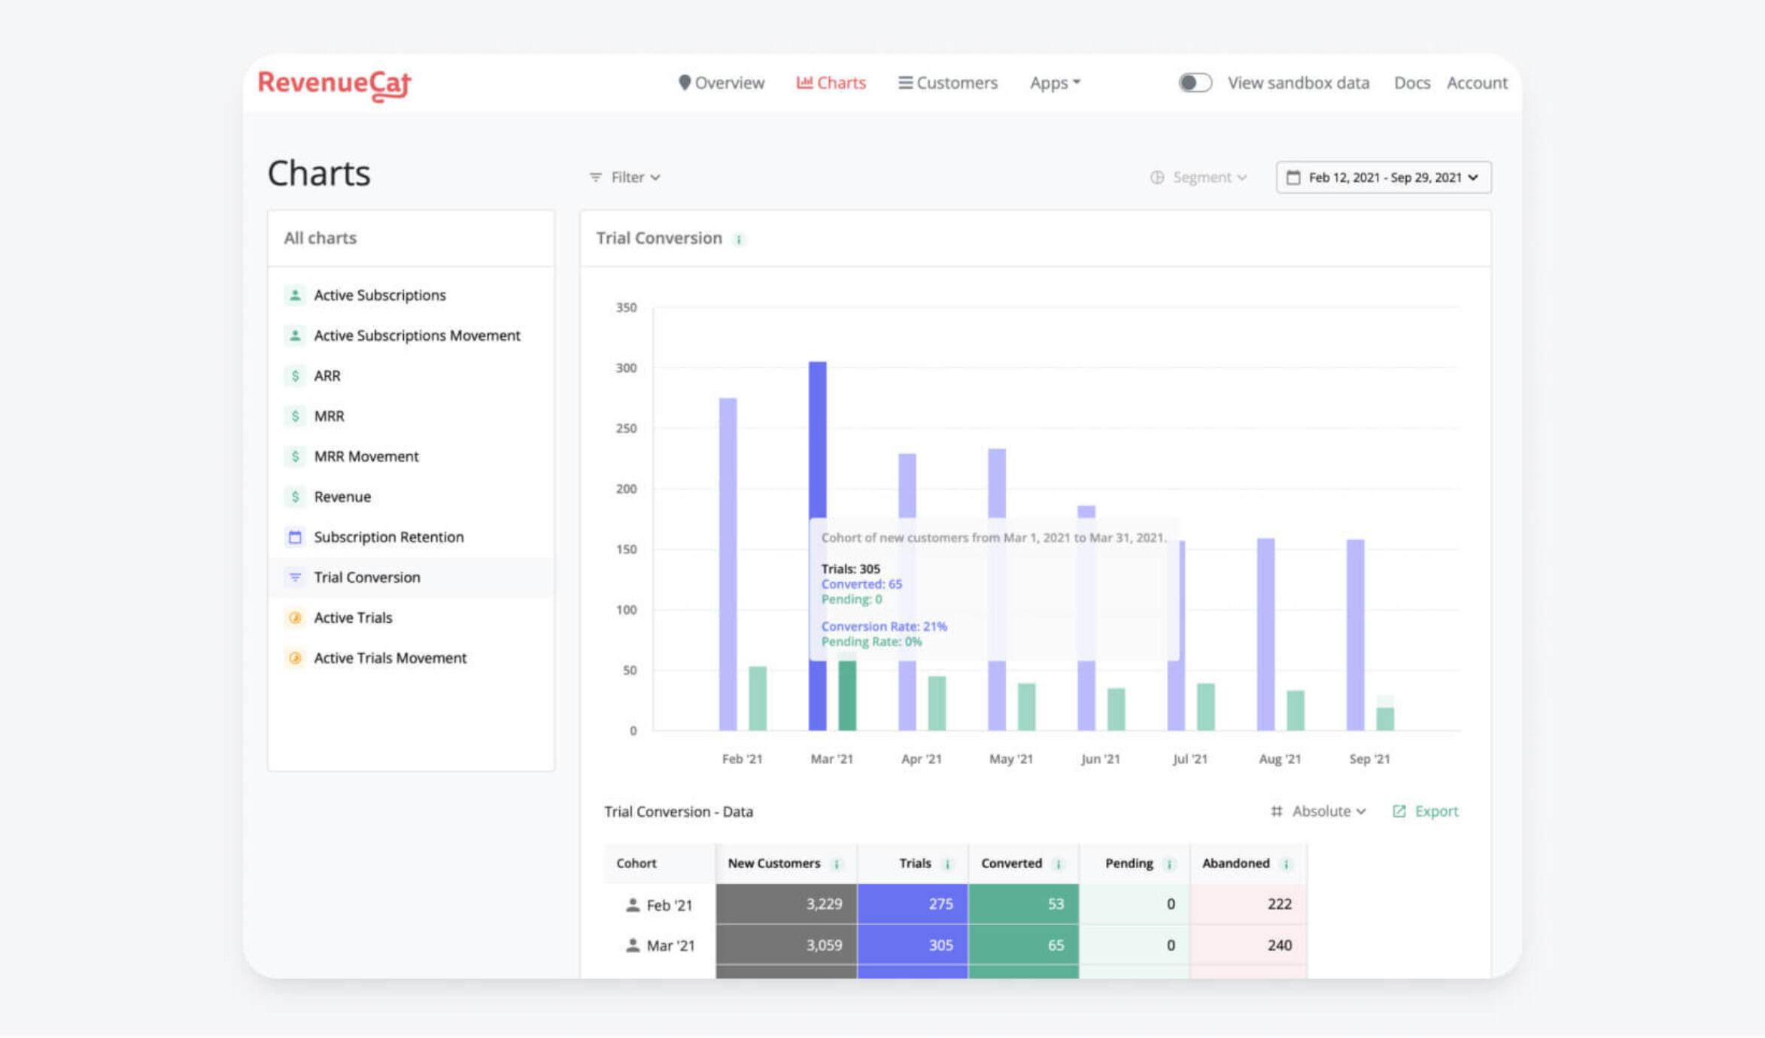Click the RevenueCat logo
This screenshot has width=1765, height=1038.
(x=334, y=83)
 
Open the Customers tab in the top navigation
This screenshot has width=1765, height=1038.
(x=948, y=83)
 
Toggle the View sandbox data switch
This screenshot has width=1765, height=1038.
(x=1195, y=83)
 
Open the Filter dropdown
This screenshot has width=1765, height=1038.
(x=625, y=178)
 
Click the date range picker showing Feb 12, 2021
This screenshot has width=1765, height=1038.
(x=1383, y=178)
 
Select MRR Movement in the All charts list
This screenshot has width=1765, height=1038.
(x=366, y=457)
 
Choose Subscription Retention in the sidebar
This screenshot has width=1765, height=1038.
(x=388, y=537)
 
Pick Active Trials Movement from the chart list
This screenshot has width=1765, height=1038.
(x=390, y=658)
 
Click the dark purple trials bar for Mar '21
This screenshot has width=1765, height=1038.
(x=817, y=451)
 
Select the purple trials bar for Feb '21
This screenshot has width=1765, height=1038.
(x=728, y=564)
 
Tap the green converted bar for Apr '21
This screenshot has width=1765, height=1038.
(x=937, y=703)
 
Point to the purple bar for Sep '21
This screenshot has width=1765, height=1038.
(x=1355, y=636)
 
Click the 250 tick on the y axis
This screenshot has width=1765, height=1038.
(x=626, y=429)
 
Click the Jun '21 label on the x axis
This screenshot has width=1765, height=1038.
(x=1100, y=759)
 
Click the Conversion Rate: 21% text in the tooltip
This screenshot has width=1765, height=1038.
(x=884, y=627)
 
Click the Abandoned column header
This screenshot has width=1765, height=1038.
(x=1236, y=863)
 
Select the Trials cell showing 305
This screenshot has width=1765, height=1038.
(x=912, y=945)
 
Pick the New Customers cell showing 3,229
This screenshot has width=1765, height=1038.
(x=786, y=904)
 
